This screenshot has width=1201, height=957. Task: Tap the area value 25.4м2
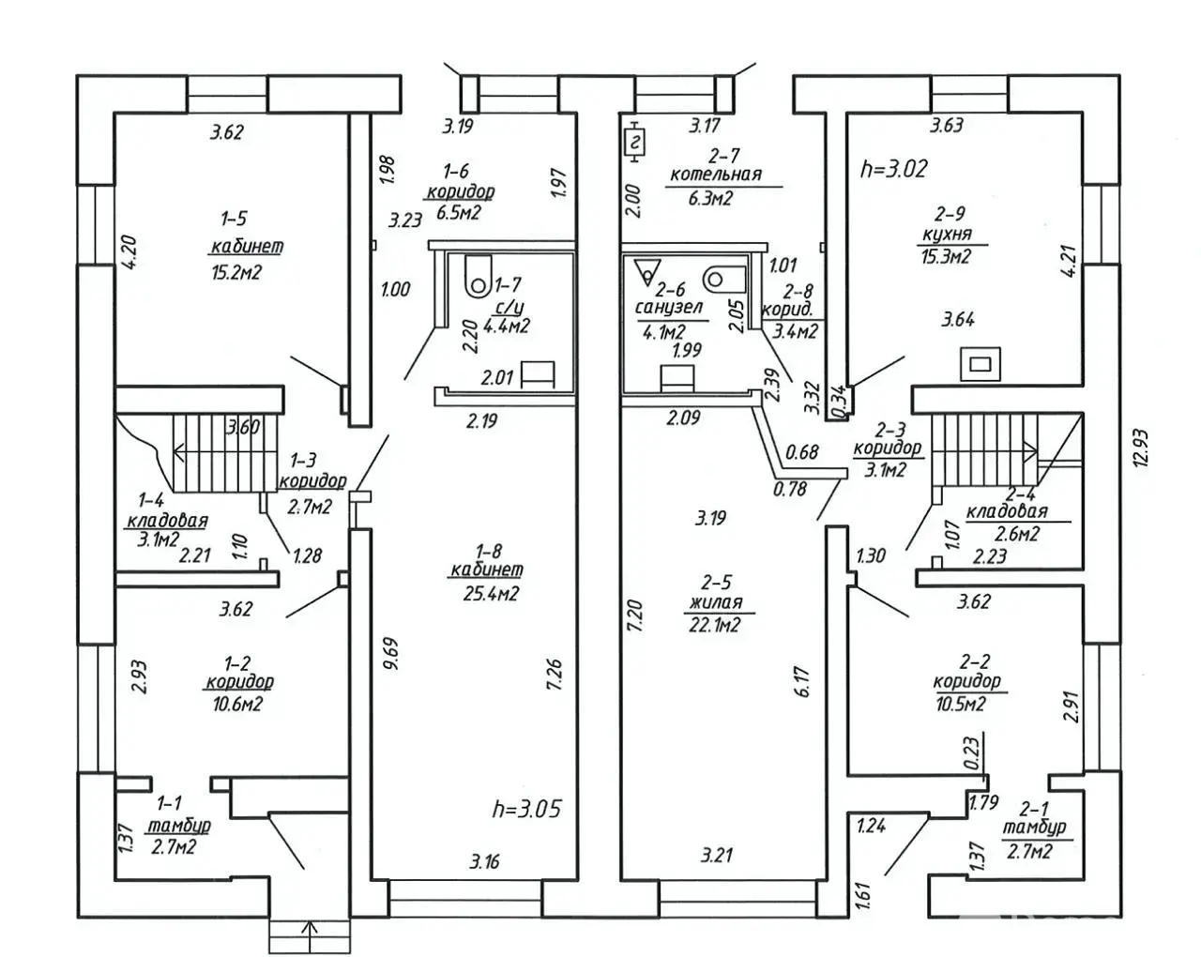(x=487, y=593)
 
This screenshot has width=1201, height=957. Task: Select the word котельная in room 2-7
(x=715, y=174)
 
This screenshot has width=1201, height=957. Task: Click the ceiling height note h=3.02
(x=893, y=168)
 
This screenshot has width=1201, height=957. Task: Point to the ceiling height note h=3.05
(x=526, y=808)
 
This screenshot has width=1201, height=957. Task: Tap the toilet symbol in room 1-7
(x=478, y=273)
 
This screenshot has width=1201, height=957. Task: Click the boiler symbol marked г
(x=636, y=143)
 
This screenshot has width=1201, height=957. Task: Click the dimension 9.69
(x=391, y=653)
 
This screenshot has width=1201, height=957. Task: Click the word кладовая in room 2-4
(x=1006, y=512)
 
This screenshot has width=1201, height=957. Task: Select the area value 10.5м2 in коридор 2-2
(x=959, y=705)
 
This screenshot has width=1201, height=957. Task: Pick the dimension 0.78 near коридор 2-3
(x=790, y=488)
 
